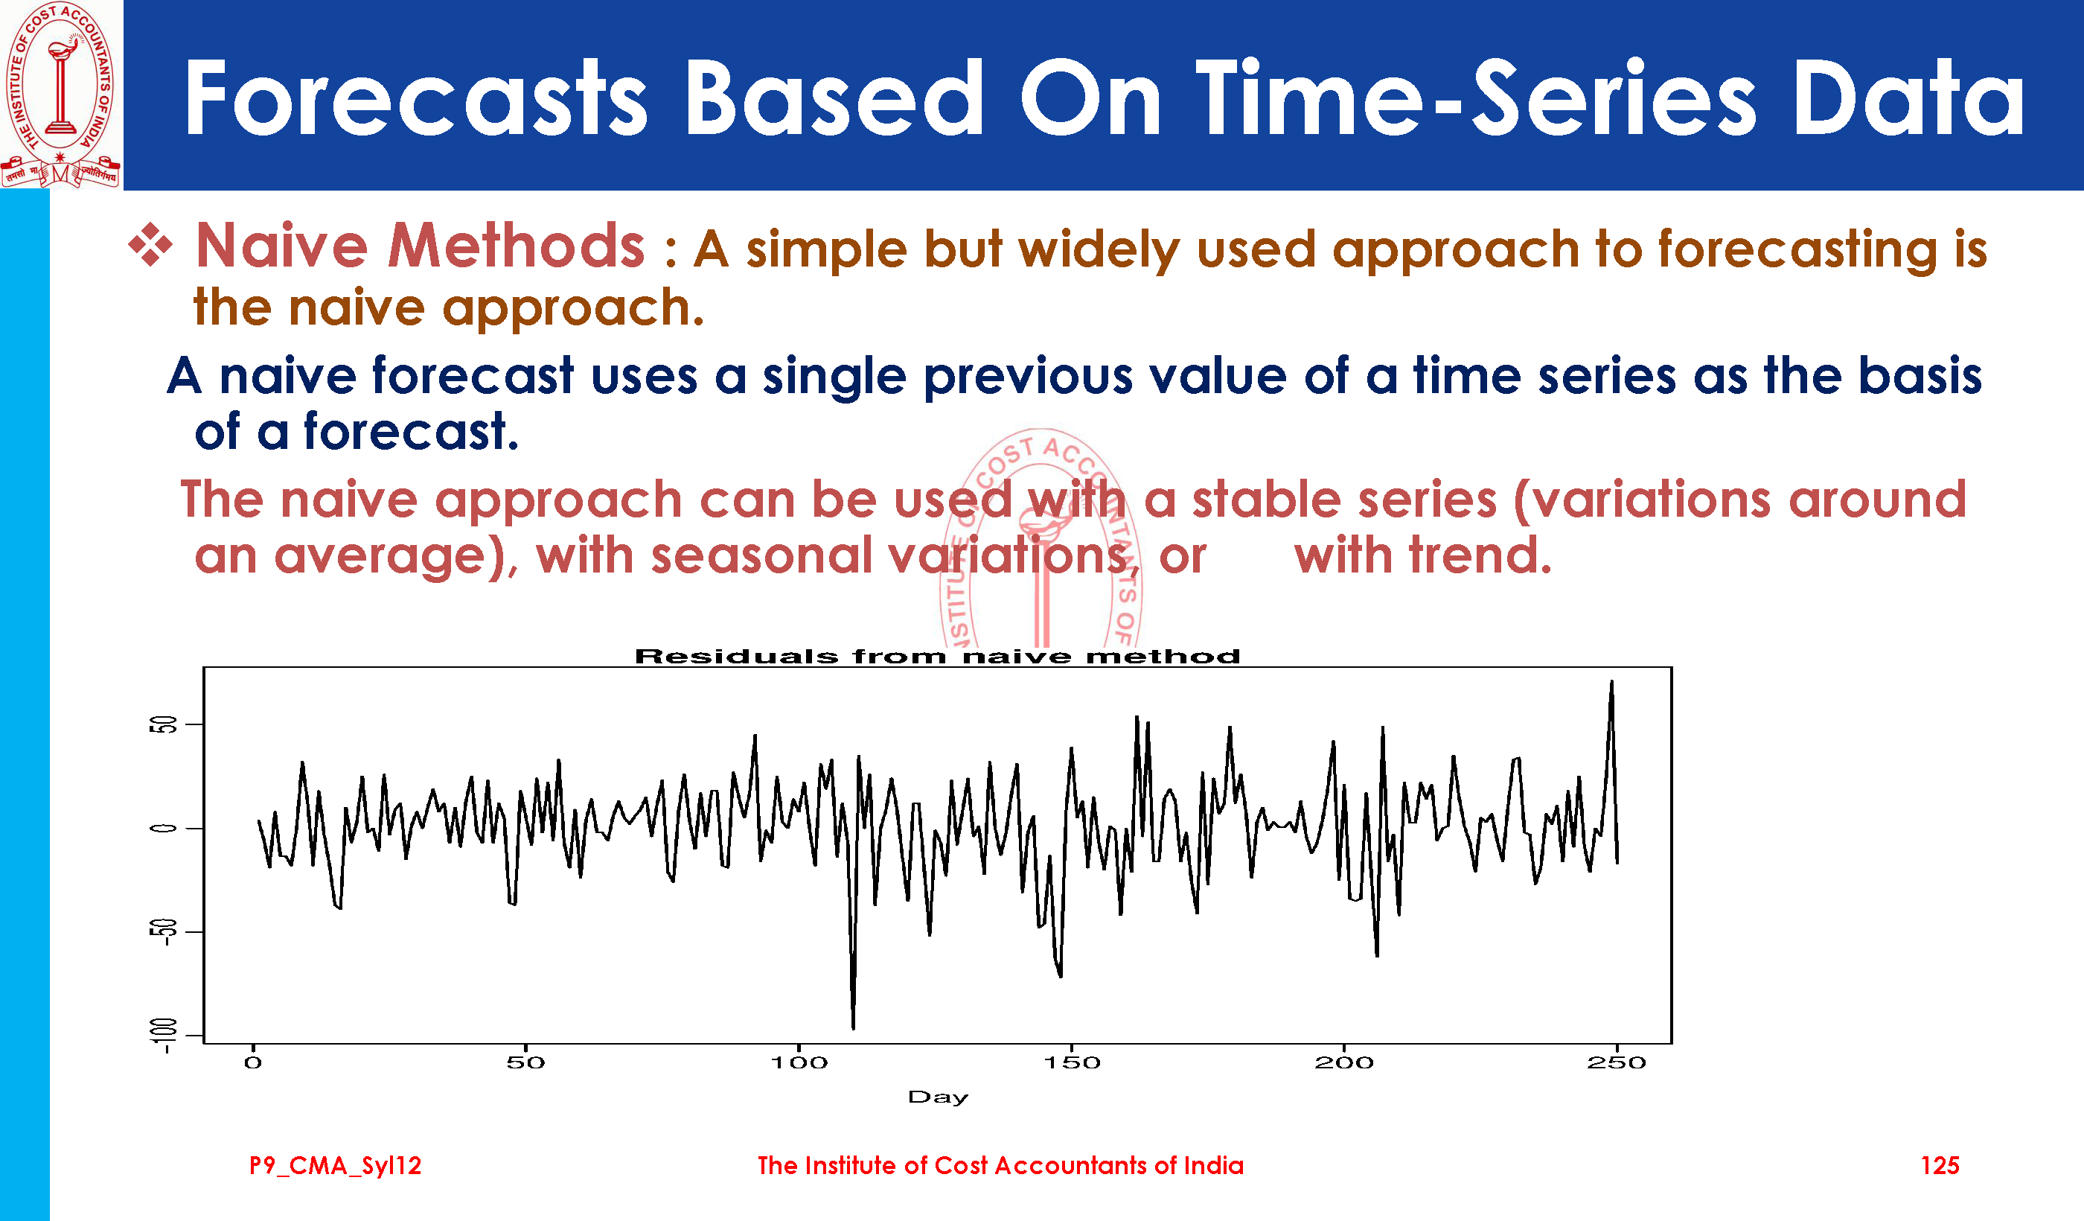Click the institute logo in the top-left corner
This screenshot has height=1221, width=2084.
tap(60, 94)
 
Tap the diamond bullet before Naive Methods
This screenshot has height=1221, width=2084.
tap(150, 245)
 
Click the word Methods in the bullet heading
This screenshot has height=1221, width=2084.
tap(516, 246)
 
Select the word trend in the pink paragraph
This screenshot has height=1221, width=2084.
tap(1480, 555)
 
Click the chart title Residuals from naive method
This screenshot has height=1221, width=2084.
tap(937, 657)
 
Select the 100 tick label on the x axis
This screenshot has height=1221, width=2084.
tap(799, 1063)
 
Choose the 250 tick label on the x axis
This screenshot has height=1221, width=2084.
tap(1616, 1063)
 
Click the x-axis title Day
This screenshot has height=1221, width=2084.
tap(938, 1097)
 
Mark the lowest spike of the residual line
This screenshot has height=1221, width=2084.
tap(854, 1027)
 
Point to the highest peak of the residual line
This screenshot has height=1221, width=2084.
tap(1611, 683)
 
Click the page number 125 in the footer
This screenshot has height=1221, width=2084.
tap(1940, 1166)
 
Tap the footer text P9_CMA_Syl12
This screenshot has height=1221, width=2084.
tap(335, 1166)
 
